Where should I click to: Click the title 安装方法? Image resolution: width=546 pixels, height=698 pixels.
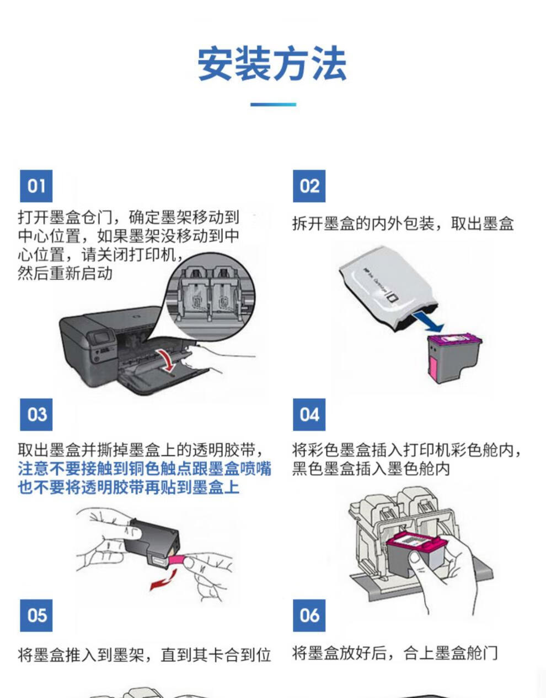[272, 64]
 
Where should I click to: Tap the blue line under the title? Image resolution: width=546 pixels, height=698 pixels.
[273, 104]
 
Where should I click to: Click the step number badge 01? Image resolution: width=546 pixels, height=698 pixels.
[36, 186]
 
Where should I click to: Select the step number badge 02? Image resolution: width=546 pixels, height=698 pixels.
[309, 186]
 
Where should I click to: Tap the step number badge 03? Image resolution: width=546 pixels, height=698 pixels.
[36, 414]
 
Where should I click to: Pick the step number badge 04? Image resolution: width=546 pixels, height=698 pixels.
[309, 414]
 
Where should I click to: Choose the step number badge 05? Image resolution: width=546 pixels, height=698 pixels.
[36, 615]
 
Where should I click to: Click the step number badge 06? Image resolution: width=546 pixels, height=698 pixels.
[309, 615]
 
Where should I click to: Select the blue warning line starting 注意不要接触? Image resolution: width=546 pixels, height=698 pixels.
[144, 469]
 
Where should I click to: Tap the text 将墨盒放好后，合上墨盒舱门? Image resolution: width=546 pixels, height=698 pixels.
[395, 653]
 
